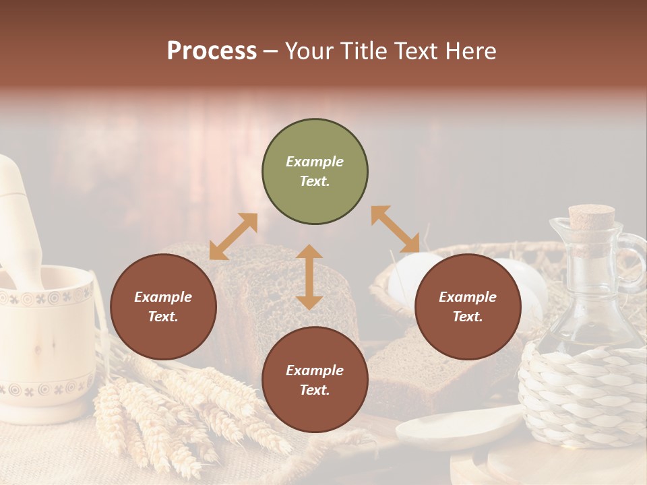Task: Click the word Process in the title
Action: [212, 51]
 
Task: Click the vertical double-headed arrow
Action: [309, 277]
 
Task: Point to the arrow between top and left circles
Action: [233, 236]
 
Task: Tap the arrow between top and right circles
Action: [395, 229]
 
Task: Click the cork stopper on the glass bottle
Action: [591, 218]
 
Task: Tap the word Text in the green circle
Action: [315, 181]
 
